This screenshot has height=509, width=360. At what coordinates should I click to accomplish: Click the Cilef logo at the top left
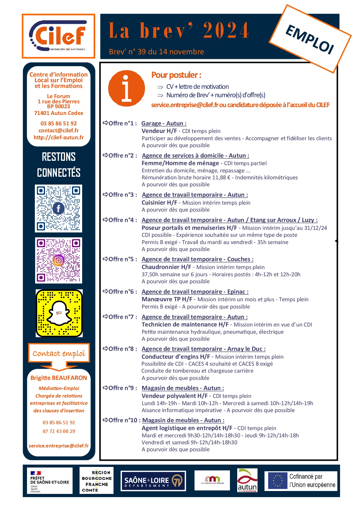59,36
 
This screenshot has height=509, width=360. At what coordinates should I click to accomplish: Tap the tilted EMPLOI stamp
310,39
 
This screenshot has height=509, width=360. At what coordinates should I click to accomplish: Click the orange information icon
126,88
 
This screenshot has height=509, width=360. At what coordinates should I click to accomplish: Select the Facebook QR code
58,208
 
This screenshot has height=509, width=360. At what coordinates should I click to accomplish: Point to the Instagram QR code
58,260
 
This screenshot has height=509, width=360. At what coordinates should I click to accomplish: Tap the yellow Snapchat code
59,313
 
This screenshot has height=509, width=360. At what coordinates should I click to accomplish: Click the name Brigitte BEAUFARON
59,378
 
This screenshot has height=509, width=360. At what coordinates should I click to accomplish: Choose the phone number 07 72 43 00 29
59,431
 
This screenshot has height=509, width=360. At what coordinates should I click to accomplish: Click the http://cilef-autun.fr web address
59,138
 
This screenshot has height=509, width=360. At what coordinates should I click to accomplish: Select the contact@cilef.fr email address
59,131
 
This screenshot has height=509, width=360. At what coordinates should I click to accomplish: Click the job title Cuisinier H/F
159,203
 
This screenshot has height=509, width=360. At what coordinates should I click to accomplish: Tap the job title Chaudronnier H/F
166,267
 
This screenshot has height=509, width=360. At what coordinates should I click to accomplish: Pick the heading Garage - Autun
164,123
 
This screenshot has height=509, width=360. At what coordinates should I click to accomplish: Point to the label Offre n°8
120,349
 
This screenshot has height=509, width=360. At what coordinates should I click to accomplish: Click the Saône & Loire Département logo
153,481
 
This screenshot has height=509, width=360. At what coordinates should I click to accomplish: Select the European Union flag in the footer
277,481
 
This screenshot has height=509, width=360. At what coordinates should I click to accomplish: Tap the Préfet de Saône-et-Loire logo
50,481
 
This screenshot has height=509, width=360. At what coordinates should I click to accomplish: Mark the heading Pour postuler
176,75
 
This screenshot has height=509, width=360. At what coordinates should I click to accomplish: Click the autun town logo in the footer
247,481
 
